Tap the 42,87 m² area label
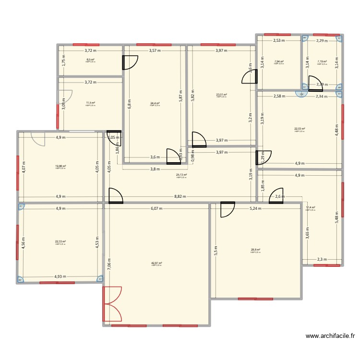156,263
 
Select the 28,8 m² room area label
255,250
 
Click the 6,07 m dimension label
156,209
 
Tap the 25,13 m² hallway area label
181,175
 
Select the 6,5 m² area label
90,60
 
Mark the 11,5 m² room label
90,103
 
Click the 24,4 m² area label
155,103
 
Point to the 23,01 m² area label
221,95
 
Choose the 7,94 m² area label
278,61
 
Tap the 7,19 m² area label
322,61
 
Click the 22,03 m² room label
300,129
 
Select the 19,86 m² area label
60,166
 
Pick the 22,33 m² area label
60,242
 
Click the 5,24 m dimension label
255,209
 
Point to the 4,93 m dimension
60,276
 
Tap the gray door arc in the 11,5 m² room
67,96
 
